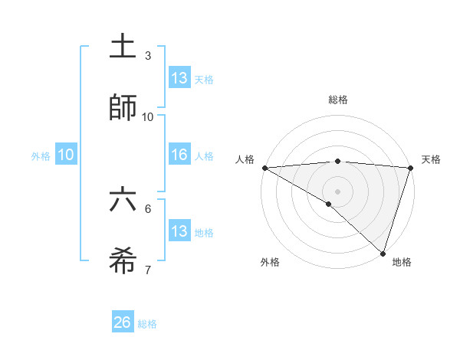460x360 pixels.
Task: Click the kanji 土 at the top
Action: point(123,47)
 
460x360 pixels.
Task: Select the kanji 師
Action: point(123,107)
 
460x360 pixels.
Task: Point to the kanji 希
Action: point(123,260)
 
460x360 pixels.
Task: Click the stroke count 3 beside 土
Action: point(148,55)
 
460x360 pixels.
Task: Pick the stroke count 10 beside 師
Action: point(148,116)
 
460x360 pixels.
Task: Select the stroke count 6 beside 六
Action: point(148,208)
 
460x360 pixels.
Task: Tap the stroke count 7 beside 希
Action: point(148,269)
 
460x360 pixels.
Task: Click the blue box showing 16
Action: point(179,155)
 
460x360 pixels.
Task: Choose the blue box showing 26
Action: point(123,322)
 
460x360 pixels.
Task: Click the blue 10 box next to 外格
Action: point(66,155)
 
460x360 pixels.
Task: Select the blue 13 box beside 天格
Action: point(179,78)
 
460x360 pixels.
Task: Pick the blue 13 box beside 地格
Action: point(179,231)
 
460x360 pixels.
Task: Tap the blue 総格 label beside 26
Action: point(147,324)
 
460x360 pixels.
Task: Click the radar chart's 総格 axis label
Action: point(338,100)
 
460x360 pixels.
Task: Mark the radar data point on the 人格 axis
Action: point(264,167)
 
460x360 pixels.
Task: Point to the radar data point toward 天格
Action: point(411,167)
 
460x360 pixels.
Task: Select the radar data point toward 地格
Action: point(383,254)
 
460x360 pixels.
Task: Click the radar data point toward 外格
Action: point(329,204)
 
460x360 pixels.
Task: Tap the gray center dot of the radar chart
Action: point(338,191)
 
